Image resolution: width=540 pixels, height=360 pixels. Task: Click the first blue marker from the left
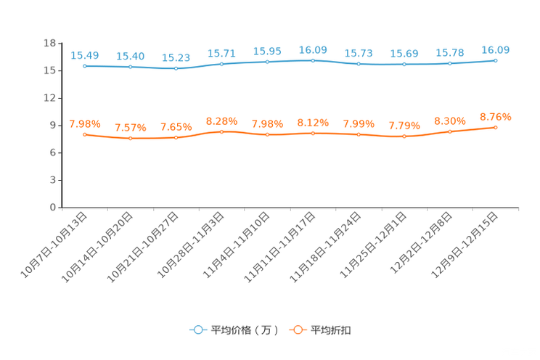pyautogui.click(x=86, y=66)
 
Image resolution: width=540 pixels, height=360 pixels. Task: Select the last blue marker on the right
pyautogui.click(x=496, y=60)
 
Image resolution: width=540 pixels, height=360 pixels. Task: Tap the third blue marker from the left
pyautogui.click(x=176, y=68)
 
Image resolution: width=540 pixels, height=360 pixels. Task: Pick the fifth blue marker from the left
pyautogui.click(x=268, y=62)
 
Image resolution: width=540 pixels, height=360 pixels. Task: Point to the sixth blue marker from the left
pyautogui.click(x=313, y=60)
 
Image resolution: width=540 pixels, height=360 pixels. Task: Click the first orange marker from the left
pyautogui.click(x=85, y=134)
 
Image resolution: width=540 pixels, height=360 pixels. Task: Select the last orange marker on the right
pyautogui.click(x=496, y=127)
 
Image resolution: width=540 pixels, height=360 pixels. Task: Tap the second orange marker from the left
pyautogui.click(x=131, y=138)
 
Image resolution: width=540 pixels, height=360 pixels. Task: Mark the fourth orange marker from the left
pyautogui.click(x=222, y=131)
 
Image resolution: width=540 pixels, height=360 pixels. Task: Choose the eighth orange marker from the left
pyautogui.click(x=405, y=136)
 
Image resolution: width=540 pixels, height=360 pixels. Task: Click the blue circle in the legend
pyautogui.click(x=197, y=330)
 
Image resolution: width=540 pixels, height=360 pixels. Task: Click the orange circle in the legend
pyautogui.click(x=298, y=330)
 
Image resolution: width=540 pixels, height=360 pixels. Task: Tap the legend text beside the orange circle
pyautogui.click(x=332, y=330)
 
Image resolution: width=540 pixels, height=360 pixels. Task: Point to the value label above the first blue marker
pyautogui.click(x=85, y=54)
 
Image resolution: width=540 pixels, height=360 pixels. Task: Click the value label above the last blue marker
pyautogui.click(x=496, y=49)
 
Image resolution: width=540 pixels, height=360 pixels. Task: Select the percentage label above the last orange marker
pyautogui.click(x=496, y=116)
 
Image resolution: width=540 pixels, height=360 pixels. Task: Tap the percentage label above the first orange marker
pyautogui.click(x=85, y=124)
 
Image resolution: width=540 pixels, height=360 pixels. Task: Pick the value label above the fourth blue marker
pyautogui.click(x=222, y=53)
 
